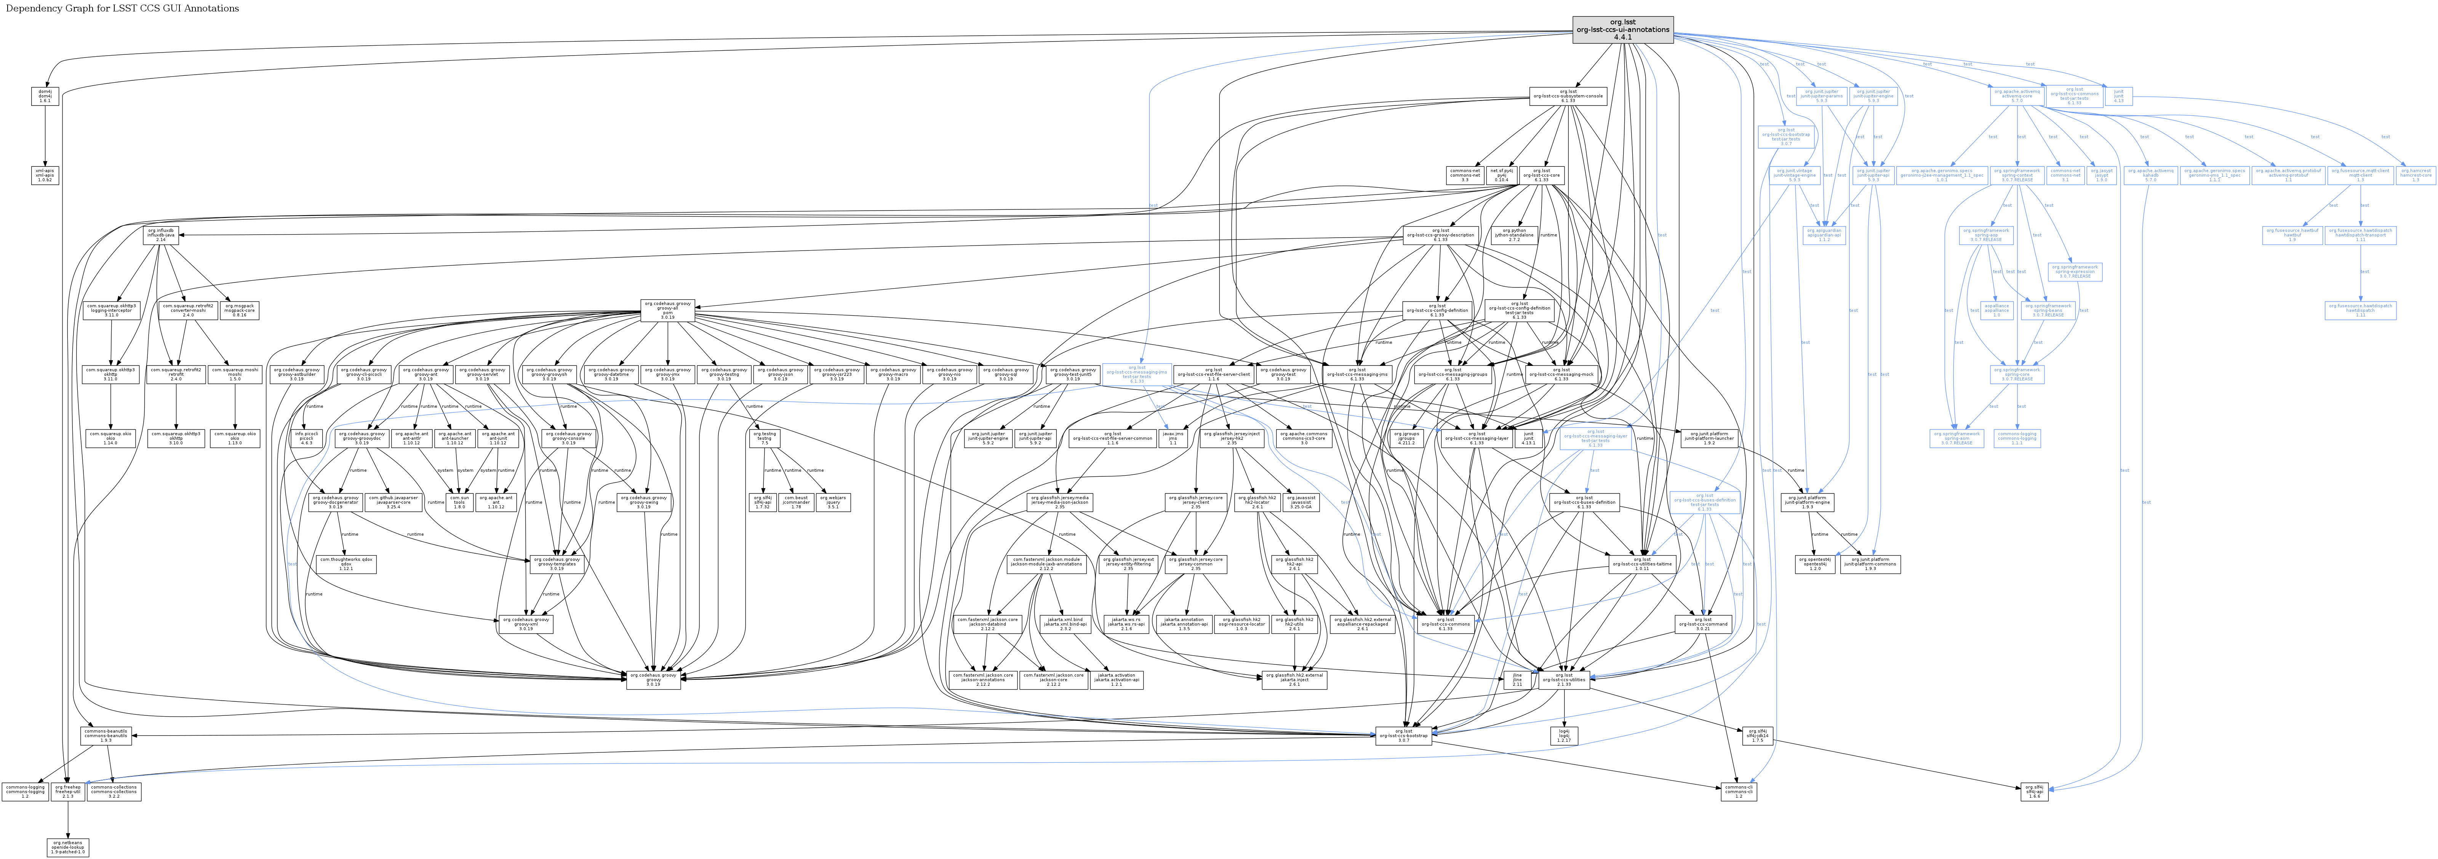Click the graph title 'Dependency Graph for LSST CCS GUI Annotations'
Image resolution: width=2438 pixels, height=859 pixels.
[x=122, y=8]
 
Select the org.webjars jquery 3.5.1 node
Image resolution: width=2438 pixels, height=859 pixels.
[x=833, y=501]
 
